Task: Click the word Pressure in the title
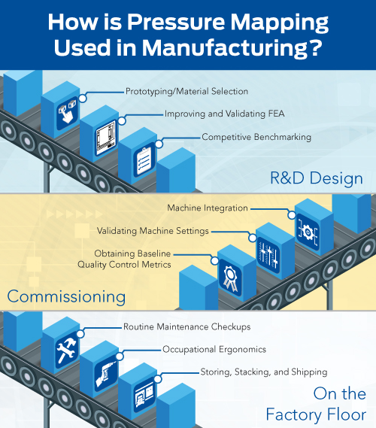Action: click(175, 22)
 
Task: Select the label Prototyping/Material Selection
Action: click(186, 91)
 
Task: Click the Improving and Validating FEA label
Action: click(225, 114)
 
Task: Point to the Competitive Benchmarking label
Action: click(256, 137)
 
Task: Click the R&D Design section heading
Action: click(317, 178)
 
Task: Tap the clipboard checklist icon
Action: click(144, 160)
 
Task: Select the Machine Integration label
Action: click(208, 208)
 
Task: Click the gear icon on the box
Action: click(308, 232)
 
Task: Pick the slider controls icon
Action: click(268, 256)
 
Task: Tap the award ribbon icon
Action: click(230, 278)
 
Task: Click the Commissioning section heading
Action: click(66, 296)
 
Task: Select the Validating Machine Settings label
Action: click(153, 231)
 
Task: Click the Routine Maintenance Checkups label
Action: click(187, 326)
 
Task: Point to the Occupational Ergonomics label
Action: click(214, 349)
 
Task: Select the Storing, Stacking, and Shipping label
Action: click(264, 372)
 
